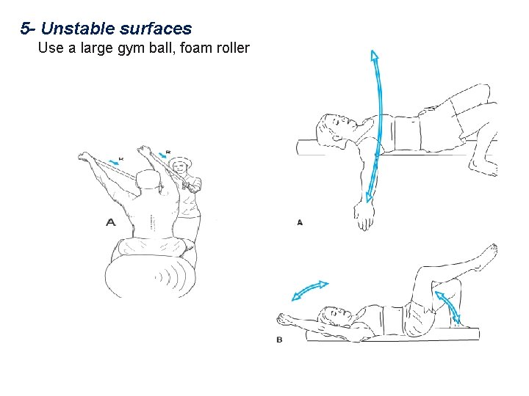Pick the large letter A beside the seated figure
tap(111, 222)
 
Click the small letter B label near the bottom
tap(279, 340)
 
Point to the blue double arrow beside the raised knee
tap(448, 306)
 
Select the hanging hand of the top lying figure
tap(364, 217)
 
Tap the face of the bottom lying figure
tap(338, 316)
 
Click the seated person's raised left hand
tap(85, 155)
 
